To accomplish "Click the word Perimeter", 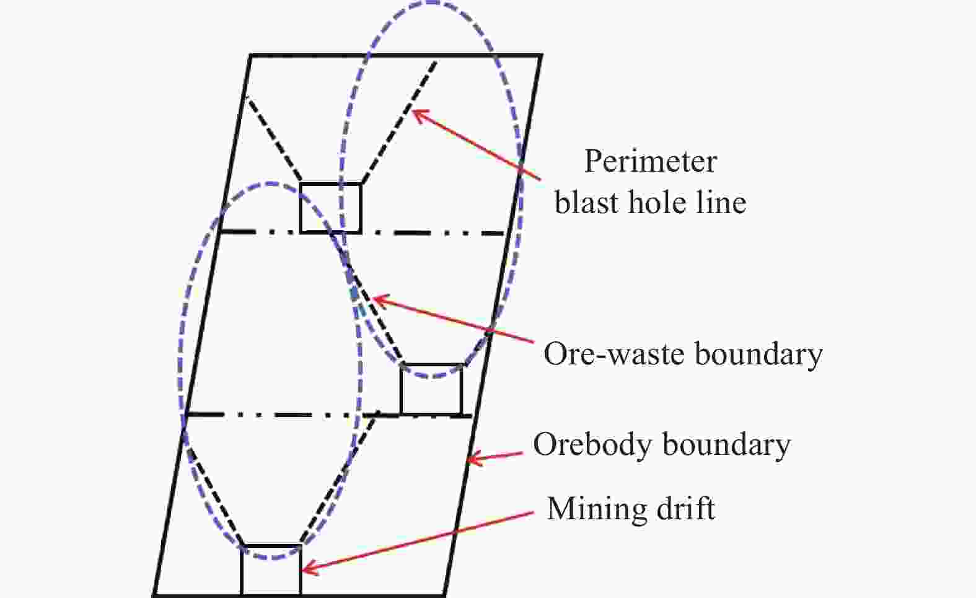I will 650,162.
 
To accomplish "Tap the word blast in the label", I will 586,203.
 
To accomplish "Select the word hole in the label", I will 658,203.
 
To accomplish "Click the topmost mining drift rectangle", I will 330,208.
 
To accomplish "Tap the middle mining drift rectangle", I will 431,389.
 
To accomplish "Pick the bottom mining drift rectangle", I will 271,570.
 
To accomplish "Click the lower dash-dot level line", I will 279,414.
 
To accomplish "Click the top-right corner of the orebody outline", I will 541,56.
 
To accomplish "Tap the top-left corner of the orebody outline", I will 251,56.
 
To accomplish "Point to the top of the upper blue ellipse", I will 429,3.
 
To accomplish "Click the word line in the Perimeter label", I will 719,203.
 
